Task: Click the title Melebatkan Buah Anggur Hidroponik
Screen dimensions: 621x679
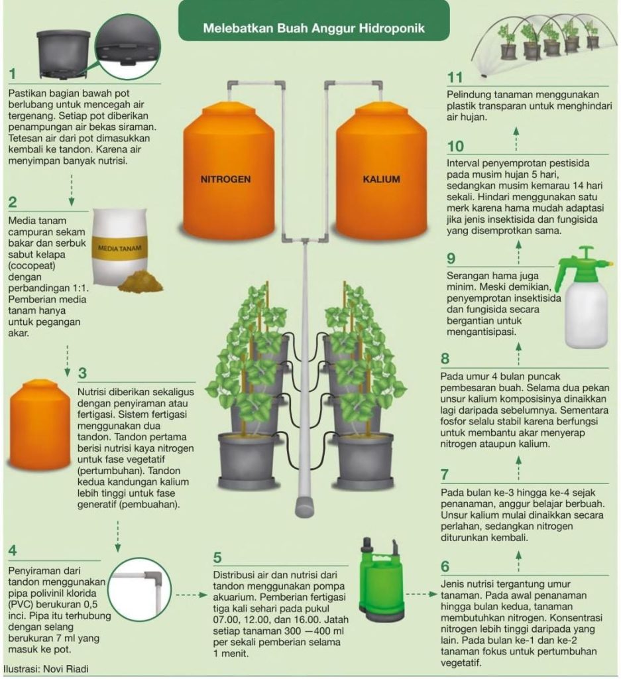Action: pos(313,29)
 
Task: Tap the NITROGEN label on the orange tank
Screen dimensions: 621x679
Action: pos(225,179)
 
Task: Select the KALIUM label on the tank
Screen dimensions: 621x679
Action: pos(381,179)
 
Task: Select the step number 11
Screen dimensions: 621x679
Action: pos(455,78)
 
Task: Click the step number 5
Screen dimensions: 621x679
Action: pos(217,557)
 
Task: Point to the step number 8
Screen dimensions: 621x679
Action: pos(445,359)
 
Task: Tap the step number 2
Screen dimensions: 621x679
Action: pos(13,202)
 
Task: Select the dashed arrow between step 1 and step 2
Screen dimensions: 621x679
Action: pos(72,190)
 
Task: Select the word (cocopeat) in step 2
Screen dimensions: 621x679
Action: pos(32,265)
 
